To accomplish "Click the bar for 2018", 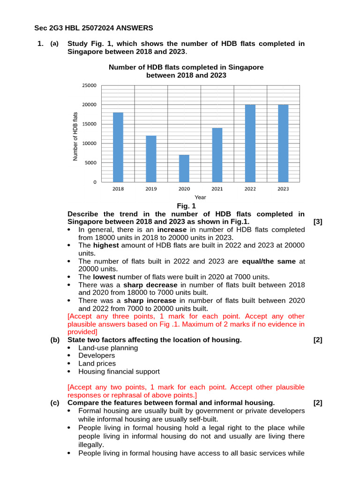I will [118, 147].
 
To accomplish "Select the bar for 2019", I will [151, 159].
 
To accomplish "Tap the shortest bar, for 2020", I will [184, 168].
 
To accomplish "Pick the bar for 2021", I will [217, 155].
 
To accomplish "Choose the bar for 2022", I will [250, 143].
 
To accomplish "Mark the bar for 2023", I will [283, 143].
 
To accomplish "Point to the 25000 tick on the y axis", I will [90, 85].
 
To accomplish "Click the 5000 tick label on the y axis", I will [91, 163].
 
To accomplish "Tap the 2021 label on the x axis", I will [217, 189].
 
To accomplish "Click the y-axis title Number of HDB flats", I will [75, 137].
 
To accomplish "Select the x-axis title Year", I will [200, 197].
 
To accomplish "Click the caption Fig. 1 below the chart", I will [186, 206].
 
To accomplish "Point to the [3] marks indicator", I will [317, 222].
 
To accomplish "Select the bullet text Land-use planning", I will [108, 348].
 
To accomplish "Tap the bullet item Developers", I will [97, 356].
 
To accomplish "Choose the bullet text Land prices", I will [97, 363].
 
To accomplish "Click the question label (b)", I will [55, 340].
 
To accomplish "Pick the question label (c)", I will [55, 403].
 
